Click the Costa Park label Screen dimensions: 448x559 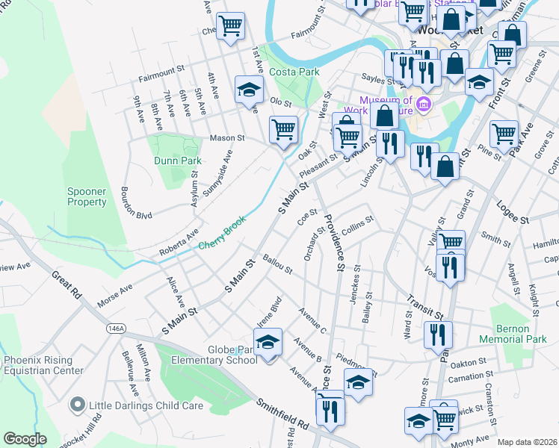[298, 72]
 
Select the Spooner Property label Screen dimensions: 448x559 [87, 196]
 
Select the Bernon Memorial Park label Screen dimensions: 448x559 [521, 334]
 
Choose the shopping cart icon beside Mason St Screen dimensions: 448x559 [283, 130]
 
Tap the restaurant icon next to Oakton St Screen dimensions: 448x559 [438, 335]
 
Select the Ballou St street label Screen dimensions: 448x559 [277, 264]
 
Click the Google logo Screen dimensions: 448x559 [25, 439]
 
